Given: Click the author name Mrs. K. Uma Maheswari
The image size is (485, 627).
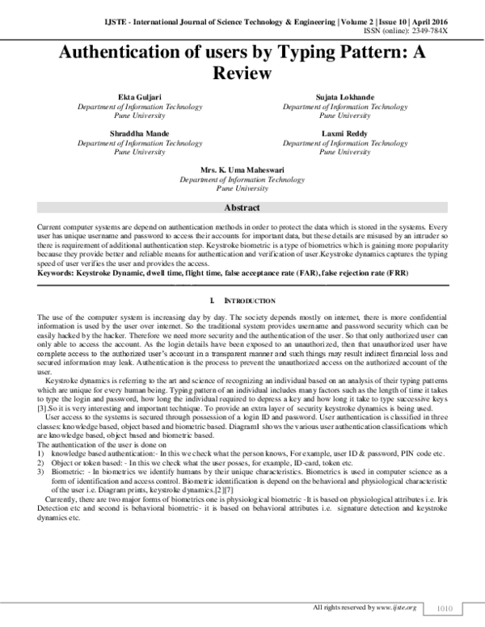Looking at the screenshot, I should (x=242, y=170).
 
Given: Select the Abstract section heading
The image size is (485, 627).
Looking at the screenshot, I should (x=242, y=208).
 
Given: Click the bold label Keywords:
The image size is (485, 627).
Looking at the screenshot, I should (x=56, y=274).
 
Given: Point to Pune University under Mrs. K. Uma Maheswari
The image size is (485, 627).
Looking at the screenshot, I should (x=242, y=188).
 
